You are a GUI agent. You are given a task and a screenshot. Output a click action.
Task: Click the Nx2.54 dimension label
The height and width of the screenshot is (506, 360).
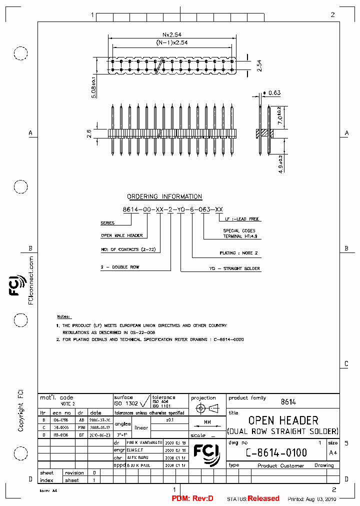pyautogui.click(x=171, y=34)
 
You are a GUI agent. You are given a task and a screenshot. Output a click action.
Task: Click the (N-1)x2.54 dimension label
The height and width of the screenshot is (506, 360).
pyautogui.click(x=171, y=42)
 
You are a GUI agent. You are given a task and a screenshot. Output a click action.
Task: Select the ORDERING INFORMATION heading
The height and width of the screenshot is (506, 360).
pyautogui.click(x=164, y=196)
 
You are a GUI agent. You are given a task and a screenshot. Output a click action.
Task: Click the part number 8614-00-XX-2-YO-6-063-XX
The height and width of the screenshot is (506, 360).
pyautogui.click(x=173, y=209)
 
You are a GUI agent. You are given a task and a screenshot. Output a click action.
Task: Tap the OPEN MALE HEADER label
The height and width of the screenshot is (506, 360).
pyautogui.click(x=122, y=235)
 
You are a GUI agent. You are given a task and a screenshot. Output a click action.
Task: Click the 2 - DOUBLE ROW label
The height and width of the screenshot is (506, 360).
pyautogui.click(x=120, y=267)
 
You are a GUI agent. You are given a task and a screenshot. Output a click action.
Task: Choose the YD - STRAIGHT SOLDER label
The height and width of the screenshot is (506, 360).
pyautogui.click(x=241, y=268)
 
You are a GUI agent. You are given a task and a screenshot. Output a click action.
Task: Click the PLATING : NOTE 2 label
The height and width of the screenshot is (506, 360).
pyautogui.click(x=238, y=253)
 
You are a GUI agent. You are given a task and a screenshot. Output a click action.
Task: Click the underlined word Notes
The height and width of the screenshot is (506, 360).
pyautogui.click(x=63, y=316)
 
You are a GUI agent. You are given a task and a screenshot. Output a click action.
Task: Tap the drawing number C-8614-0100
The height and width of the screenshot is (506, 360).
pyautogui.click(x=276, y=452)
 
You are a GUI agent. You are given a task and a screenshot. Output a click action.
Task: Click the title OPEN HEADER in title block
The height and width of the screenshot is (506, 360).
pyautogui.click(x=283, y=420)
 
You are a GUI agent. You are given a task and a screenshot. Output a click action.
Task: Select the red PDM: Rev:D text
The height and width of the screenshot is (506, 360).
pyautogui.click(x=192, y=498)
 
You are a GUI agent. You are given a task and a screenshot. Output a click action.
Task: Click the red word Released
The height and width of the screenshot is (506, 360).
pyautogui.click(x=263, y=498)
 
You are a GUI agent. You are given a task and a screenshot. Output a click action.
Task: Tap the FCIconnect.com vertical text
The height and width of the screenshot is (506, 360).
pyautogui.click(x=31, y=281)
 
